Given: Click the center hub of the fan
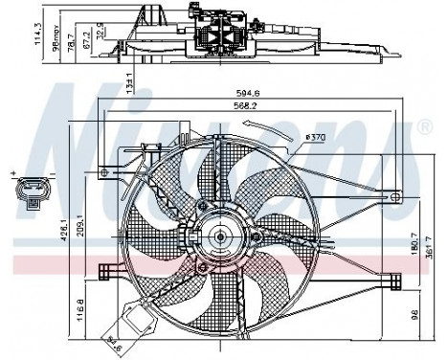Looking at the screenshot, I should tap(220, 236).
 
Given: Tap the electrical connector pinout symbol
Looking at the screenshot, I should tap(33, 192).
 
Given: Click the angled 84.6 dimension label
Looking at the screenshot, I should tap(119, 338).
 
